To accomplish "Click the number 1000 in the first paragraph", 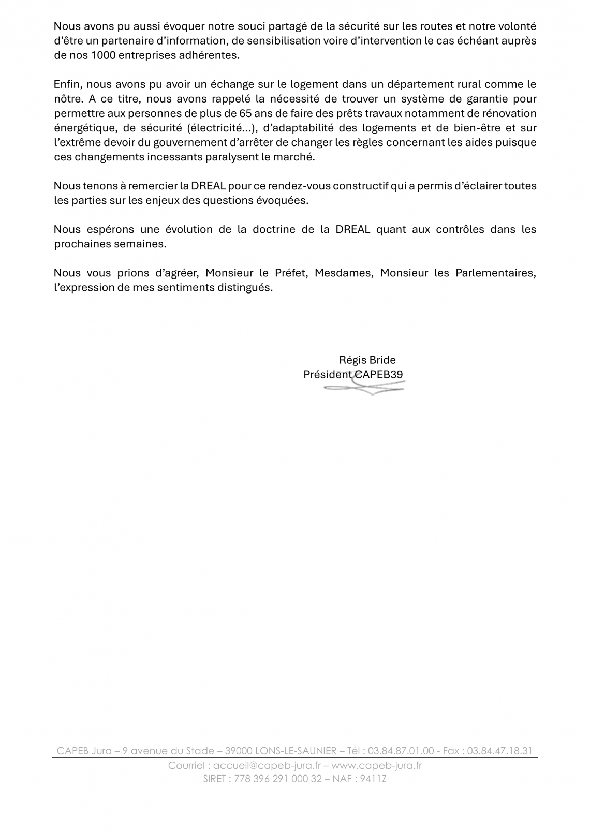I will pyautogui.click(x=102, y=56).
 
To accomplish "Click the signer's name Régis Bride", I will pyautogui.click(x=367, y=360).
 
